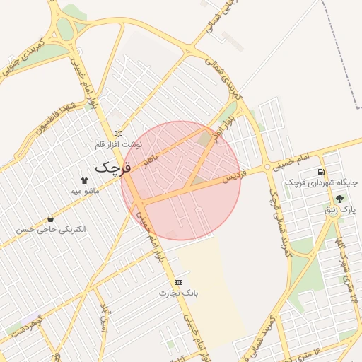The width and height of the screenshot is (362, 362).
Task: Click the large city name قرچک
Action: (113, 168)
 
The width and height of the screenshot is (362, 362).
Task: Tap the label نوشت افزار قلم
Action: (119, 145)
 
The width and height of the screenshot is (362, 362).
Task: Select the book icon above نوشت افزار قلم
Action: (118, 133)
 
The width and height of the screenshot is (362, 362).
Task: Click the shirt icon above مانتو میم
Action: (85, 180)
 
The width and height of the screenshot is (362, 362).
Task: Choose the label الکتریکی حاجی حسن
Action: (51, 230)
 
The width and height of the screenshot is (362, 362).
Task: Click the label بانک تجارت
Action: (177, 293)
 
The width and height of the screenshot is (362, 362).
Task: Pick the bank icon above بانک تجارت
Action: (177, 282)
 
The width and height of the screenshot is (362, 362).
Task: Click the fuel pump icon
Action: (322, 172)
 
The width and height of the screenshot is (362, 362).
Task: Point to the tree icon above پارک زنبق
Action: (340, 199)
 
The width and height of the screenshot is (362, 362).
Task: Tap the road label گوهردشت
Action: (28, 326)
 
